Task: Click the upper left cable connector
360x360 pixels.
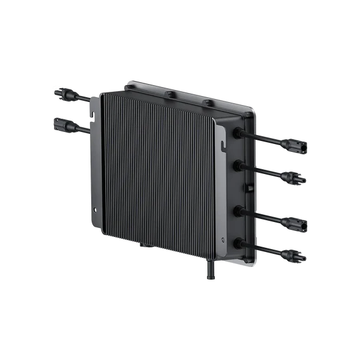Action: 62,94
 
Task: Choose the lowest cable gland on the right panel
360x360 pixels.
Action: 238,242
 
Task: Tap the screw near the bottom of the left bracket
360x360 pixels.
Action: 94,209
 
